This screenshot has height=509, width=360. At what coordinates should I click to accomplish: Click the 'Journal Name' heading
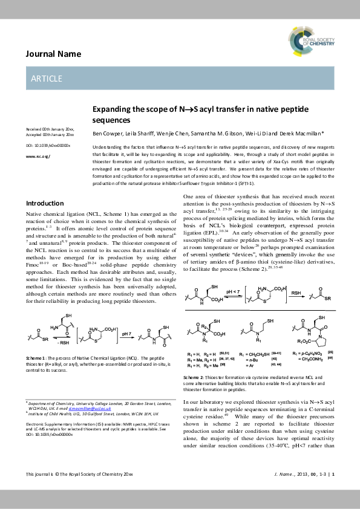pyautogui.click(x=53, y=54)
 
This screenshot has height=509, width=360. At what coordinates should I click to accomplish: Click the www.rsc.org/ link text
pyautogui.click(x=38, y=156)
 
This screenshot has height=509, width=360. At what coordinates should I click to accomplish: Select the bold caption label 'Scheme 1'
pyautogui.click(x=36, y=359)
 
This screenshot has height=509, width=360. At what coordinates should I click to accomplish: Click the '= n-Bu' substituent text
pyautogui.click(x=249, y=359)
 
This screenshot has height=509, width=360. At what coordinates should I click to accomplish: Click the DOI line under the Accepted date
pyautogui.click(x=48, y=146)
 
